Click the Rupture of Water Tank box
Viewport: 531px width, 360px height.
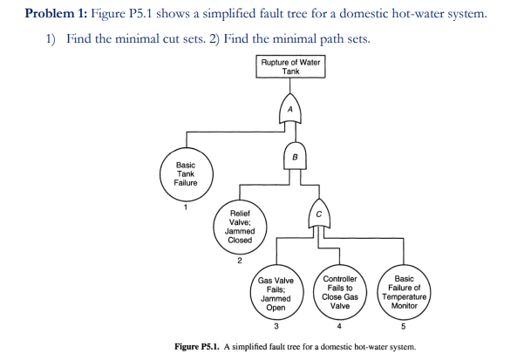290,66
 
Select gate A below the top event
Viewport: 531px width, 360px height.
291,110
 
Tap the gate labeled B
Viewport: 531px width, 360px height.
295,158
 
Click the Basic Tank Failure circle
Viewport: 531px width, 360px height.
186,174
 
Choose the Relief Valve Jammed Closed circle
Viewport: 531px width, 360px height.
240,227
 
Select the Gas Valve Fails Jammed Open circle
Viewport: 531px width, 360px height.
276,294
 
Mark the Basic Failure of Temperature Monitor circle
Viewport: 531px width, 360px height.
403,294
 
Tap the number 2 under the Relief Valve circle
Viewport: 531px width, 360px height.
240,259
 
